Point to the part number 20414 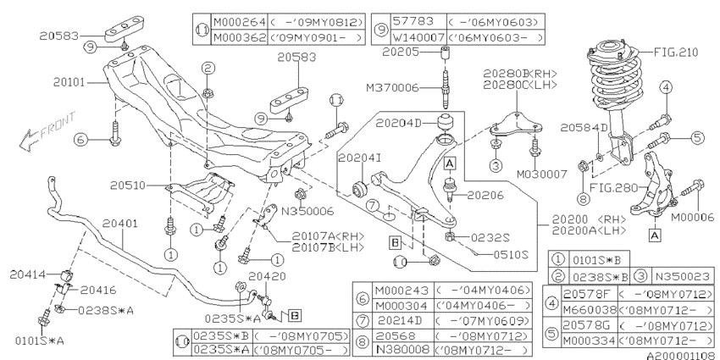click(28, 274)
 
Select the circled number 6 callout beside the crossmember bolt click(80, 139)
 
